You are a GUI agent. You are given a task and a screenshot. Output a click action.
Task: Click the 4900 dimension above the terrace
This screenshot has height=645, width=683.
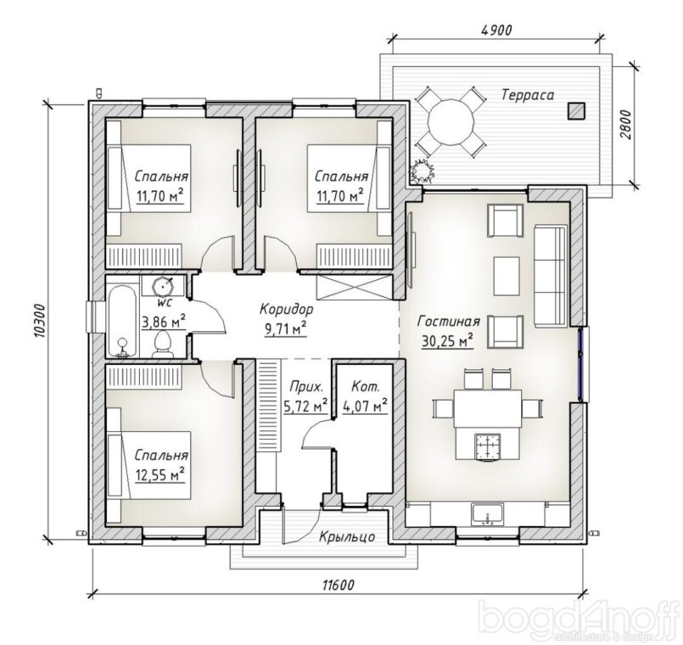[496, 30]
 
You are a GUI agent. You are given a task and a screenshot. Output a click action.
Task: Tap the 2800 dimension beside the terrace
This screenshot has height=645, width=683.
[625, 125]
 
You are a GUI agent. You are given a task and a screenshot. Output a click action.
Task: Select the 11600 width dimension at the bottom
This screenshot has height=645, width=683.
[338, 585]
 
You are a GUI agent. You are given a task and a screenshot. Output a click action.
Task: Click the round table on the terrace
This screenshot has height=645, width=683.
[451, 120]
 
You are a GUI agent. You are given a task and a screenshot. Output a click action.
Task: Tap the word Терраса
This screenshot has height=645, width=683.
[528, 94]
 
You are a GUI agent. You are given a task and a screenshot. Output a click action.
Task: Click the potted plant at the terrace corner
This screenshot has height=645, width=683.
[422, 171]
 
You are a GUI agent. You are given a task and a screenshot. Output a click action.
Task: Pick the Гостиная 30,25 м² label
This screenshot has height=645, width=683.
[448, 332]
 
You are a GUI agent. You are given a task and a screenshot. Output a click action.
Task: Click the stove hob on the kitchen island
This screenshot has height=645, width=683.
[487, 446]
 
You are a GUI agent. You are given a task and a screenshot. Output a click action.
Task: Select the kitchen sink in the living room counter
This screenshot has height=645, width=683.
[487, 513]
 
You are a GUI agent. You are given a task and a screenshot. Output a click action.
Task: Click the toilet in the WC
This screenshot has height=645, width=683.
[162, 345]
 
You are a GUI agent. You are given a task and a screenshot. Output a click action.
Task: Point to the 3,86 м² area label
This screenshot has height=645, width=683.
[164, 321]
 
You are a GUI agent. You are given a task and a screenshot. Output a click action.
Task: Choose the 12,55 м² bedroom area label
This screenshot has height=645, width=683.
[160, 474]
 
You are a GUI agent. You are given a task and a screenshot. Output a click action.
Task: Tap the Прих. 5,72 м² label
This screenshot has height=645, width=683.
[305, 396]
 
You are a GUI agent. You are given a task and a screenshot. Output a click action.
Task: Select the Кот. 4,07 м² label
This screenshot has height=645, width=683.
[366, 396]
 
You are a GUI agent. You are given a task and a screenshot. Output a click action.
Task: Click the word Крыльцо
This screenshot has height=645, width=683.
[347, 536]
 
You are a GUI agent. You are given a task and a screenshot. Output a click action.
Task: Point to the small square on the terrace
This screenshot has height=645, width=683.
[576, 110]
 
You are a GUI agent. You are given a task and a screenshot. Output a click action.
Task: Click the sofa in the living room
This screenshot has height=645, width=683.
[551, 276]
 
